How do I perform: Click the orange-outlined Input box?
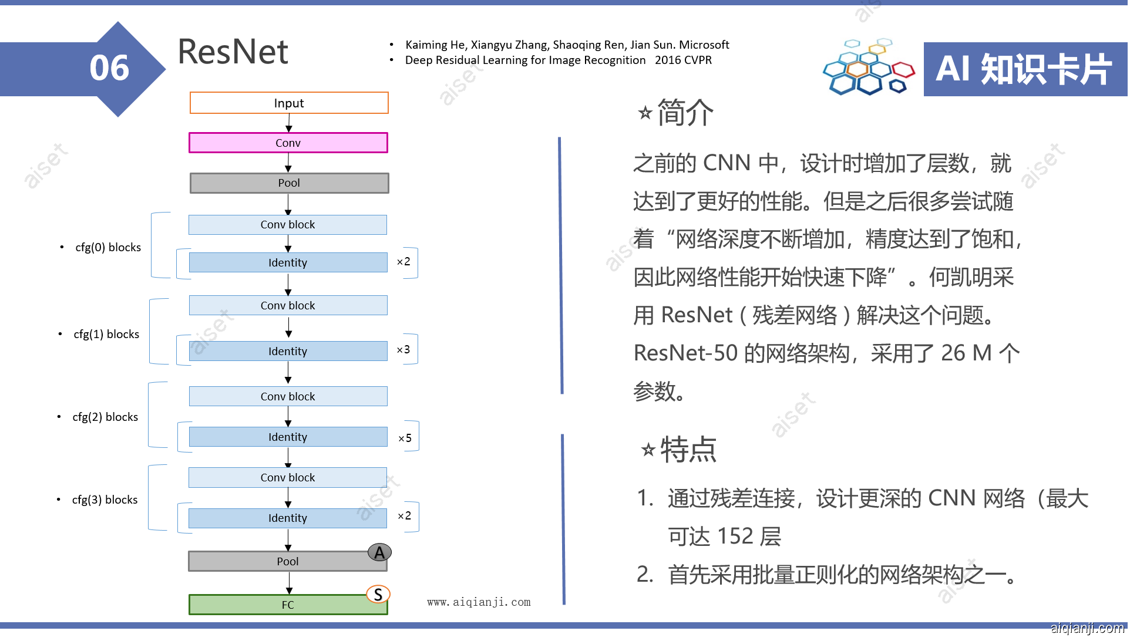click(289, 103)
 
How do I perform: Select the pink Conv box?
click(288, 143)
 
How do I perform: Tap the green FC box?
click(288, 605)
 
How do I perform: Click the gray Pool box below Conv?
click(289, 183)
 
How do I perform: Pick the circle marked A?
click(379, 552)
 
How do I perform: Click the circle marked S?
click(378, 595)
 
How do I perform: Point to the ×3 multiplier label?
click(403, 350)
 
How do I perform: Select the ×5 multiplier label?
click(405, 438)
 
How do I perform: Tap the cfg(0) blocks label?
click(108, 247)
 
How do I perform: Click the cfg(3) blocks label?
click(105, 500)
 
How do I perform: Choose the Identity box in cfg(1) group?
click(288, 351)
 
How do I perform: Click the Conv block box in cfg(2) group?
click(288, 396)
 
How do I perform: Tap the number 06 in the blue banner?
click(109, 68)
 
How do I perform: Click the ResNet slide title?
click(233, 52)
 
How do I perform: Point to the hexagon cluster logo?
click(869, 68)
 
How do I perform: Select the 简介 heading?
click(685, 112)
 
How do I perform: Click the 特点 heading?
click(688, 450)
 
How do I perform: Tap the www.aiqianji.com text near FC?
click(479, 602)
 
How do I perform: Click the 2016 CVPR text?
click(683, 60)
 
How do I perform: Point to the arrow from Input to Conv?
click(288, 123)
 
